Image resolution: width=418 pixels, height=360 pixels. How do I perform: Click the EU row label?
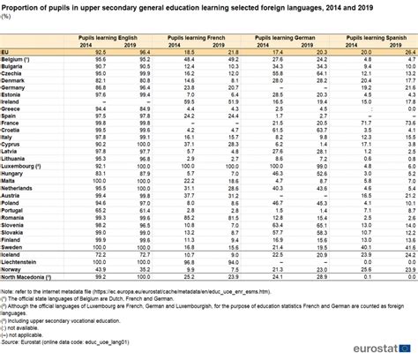coord(7,55)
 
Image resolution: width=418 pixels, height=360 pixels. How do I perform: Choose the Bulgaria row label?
coord(17,68)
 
